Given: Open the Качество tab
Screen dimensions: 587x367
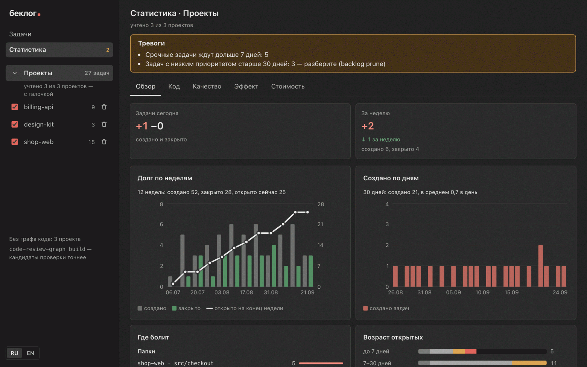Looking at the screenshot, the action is point(207,87).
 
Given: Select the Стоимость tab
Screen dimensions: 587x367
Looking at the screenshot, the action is point(288,87).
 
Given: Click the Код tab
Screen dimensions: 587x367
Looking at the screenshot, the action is point(174,87).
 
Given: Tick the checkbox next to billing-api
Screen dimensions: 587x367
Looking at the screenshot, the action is point(15,107).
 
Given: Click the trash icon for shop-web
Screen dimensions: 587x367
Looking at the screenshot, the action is point(104,142).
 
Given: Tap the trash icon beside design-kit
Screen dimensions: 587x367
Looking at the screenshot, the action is point(104,124).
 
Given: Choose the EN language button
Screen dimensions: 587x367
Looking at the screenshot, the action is point(30,353).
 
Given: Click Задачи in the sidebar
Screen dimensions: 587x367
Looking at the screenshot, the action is point(20,34).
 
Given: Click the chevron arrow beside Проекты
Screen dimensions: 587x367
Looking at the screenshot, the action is point(15,73).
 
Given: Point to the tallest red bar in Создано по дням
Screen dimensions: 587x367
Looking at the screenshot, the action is point(540,265).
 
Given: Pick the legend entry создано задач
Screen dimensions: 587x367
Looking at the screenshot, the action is point(386,308).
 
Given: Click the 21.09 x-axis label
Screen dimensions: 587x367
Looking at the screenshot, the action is point(307,292).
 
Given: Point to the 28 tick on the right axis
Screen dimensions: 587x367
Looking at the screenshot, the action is point(321,204).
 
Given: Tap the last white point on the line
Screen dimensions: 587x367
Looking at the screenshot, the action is point(307,212).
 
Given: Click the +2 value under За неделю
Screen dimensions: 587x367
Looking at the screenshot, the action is point(368,126).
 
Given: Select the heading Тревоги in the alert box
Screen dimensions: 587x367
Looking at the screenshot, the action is point(152,43).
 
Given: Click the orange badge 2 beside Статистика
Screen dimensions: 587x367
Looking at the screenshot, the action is point(108,50).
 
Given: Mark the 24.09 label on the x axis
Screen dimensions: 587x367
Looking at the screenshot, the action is point(560,292).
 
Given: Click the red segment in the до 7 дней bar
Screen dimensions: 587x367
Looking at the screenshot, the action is point(471,351).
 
